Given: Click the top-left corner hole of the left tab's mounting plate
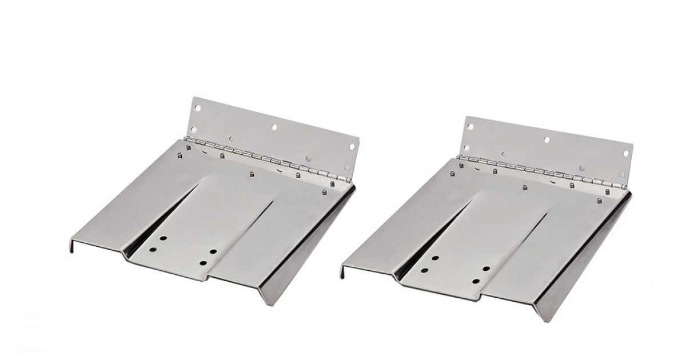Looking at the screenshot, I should click(198, 107).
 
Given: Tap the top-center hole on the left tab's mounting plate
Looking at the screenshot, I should click(274, 127).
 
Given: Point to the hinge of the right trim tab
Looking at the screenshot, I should click(543, 171).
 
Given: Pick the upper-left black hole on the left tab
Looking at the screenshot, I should click(163, 239).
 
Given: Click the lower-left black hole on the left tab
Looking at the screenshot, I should click(153, 250).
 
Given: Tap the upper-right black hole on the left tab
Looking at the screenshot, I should click(213, 251).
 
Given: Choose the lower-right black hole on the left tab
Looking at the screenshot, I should click(203, 263).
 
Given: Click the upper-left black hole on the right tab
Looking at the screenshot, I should click(435, 258).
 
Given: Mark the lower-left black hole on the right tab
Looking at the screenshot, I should click(425, 269).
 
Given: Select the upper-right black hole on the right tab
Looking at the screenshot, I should click(486, 269).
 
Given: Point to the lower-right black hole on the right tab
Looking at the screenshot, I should click(476, 281).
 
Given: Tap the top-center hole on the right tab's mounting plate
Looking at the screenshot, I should click(547, 139).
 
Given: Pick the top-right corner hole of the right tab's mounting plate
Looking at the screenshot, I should click(625, 153).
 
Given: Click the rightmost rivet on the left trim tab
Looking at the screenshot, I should click(332, 184).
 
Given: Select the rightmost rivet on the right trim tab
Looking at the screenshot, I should click(599, 201).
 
